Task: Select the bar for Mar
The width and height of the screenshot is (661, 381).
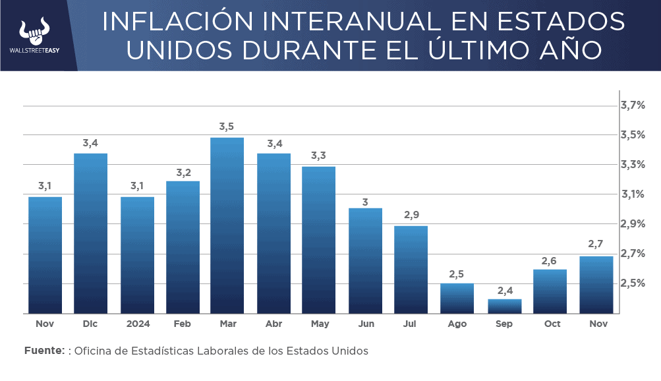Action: point(227,225)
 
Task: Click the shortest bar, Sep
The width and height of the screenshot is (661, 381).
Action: point(504,307)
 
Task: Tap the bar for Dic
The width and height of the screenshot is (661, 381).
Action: point(90,233)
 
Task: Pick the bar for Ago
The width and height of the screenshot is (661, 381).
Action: point(457,299)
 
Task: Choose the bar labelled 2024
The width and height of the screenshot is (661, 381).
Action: point(137,255)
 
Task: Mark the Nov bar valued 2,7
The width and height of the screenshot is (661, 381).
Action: point(596,285)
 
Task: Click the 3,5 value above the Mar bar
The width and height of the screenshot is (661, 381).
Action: point(227,126)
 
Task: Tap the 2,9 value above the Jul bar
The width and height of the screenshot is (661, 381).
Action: point(411,214)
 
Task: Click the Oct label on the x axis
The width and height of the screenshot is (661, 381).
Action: point(552,324)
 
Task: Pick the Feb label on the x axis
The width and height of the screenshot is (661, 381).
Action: point(183,324)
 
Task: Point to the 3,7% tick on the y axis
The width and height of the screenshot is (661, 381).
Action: point(632,105)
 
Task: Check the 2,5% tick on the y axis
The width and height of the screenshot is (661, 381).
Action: point(632,283)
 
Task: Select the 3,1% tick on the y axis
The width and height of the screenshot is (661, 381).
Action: point(632,194)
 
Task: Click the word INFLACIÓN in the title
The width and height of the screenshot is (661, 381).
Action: point(177,22)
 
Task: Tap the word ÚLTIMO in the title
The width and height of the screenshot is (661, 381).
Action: point(473,49)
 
